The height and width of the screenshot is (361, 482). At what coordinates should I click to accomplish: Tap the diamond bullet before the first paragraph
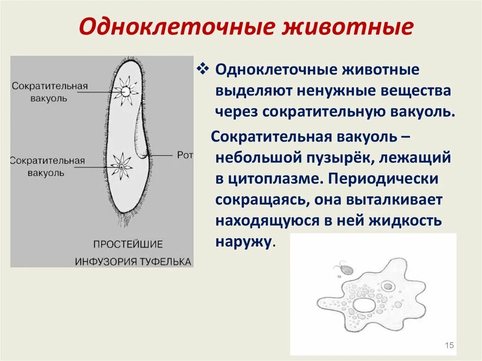[x=202, y=69]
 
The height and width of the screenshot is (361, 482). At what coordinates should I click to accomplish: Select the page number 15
[x=449, y=346]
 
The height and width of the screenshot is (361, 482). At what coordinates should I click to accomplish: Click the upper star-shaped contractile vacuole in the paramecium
[x=126, y=90]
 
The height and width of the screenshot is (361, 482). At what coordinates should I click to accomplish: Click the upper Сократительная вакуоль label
[x=50, y=92]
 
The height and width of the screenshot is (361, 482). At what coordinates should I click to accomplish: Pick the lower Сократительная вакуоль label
[x=48, y=166]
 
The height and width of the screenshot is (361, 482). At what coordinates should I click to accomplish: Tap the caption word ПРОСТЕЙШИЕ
[x=128, y=245]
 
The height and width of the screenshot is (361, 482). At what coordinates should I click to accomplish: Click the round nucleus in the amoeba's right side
[x=388, y=286]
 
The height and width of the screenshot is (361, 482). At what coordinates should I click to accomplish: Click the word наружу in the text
[x=243, y=241]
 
